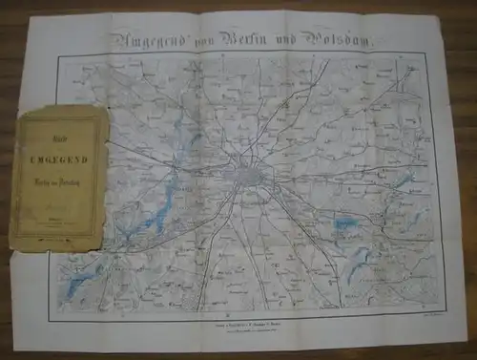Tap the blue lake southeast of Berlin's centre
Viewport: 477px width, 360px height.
pyautogui.click(x=342, y=225)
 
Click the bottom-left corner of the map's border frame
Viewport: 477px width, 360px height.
pyautogui.click(x=61, y=307)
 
